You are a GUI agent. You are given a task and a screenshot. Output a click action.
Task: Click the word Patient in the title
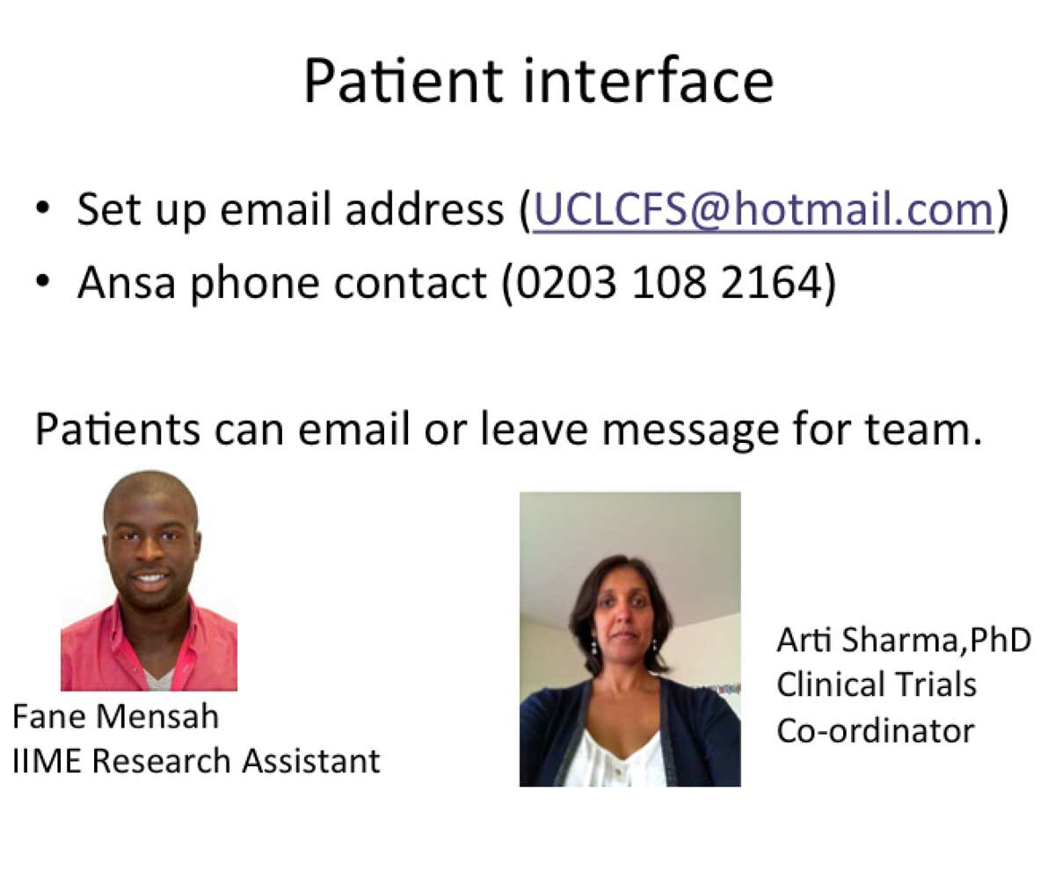tap(404, 81)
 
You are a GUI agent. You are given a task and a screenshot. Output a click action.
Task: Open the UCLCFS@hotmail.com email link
tap(763, 210)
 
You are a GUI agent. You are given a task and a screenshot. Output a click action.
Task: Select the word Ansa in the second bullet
tap(127, 282)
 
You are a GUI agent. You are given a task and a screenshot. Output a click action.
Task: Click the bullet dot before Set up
tap(43, 207)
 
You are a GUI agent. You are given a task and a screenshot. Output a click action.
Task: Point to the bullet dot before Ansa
tap(43, 281)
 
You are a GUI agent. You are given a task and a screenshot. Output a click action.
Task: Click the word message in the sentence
tap(690, 431)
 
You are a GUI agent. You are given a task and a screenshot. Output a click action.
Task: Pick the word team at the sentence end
tap(923, 430)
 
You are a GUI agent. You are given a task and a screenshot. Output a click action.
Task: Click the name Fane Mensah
tap(116, 716)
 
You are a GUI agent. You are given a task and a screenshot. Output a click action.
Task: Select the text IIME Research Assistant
tap(196, 761)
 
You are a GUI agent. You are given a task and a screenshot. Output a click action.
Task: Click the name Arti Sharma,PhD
tap(904, 640)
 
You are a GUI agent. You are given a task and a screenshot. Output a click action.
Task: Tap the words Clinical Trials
tap(877, 685)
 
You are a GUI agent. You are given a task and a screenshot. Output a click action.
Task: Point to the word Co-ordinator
tap(875, 730)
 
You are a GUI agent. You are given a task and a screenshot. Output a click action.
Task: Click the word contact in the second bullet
tap(411, 283)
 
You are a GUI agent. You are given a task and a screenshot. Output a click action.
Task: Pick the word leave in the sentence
tap(534, 430)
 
